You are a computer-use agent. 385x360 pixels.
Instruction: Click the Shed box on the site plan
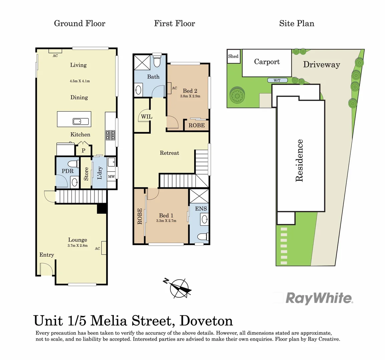[233, 56]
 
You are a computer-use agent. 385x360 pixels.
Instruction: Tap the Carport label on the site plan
[267, 62]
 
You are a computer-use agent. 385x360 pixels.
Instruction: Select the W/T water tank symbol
[277, 80]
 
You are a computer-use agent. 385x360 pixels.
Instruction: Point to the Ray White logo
[319, 298]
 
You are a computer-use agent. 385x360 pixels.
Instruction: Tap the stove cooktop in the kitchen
[111, 135]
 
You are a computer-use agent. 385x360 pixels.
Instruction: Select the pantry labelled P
[83, 150]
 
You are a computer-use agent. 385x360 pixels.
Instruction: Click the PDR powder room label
[67, 171]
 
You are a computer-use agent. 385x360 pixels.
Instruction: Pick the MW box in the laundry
[111, 176]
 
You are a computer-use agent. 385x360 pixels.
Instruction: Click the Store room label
[86, 174]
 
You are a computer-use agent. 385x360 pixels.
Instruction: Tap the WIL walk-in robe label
[146, 117]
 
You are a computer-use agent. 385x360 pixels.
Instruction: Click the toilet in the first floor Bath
[157, 61]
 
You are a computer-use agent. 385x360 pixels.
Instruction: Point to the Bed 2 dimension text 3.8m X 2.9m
[190, 96]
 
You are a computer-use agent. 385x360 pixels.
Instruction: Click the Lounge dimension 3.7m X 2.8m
[77, 246]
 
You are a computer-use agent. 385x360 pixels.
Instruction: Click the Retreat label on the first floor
[169, 153]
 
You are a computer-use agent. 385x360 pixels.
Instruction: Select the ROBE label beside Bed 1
[140, 216]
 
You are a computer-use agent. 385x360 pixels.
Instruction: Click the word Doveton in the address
[206, 321]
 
